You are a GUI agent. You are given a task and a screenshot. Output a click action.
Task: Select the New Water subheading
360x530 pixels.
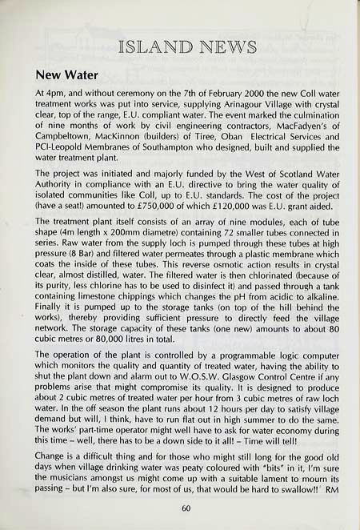click(66, 77)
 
